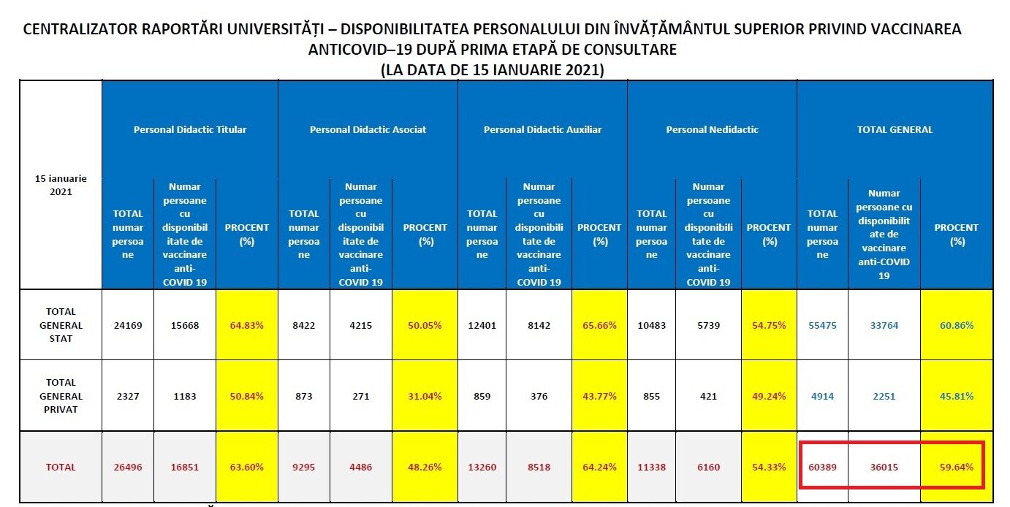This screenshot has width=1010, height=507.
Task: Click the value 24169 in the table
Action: tap(127, 326)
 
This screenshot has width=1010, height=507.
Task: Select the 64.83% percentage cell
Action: tap(247, 326)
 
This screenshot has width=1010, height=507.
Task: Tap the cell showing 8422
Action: tap(304, 326)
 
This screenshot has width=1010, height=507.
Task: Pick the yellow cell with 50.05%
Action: tap(425, 326)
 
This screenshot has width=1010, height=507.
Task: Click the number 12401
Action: tap(482, 326)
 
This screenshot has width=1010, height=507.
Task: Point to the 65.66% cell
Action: tap(600, 326)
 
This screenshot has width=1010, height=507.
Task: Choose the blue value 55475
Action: tap(822, 326)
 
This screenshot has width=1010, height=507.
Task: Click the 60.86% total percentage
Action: tap(957, 326)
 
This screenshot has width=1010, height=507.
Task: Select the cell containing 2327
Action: tap(127, 396)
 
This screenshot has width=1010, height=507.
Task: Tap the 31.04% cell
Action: tap(425, 396)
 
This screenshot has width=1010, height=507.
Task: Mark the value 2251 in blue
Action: tap(884, 396)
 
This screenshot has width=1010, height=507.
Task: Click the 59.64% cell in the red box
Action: tap(957, 467)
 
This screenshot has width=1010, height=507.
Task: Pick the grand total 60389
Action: tap(822, 467)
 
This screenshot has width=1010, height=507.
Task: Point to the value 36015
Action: tap(884, 467)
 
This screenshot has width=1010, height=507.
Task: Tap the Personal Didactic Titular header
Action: tap(190, 129)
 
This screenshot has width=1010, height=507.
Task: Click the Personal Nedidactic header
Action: tap(712, 129)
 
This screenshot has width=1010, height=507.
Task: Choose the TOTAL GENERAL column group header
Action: tap(895, 129)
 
